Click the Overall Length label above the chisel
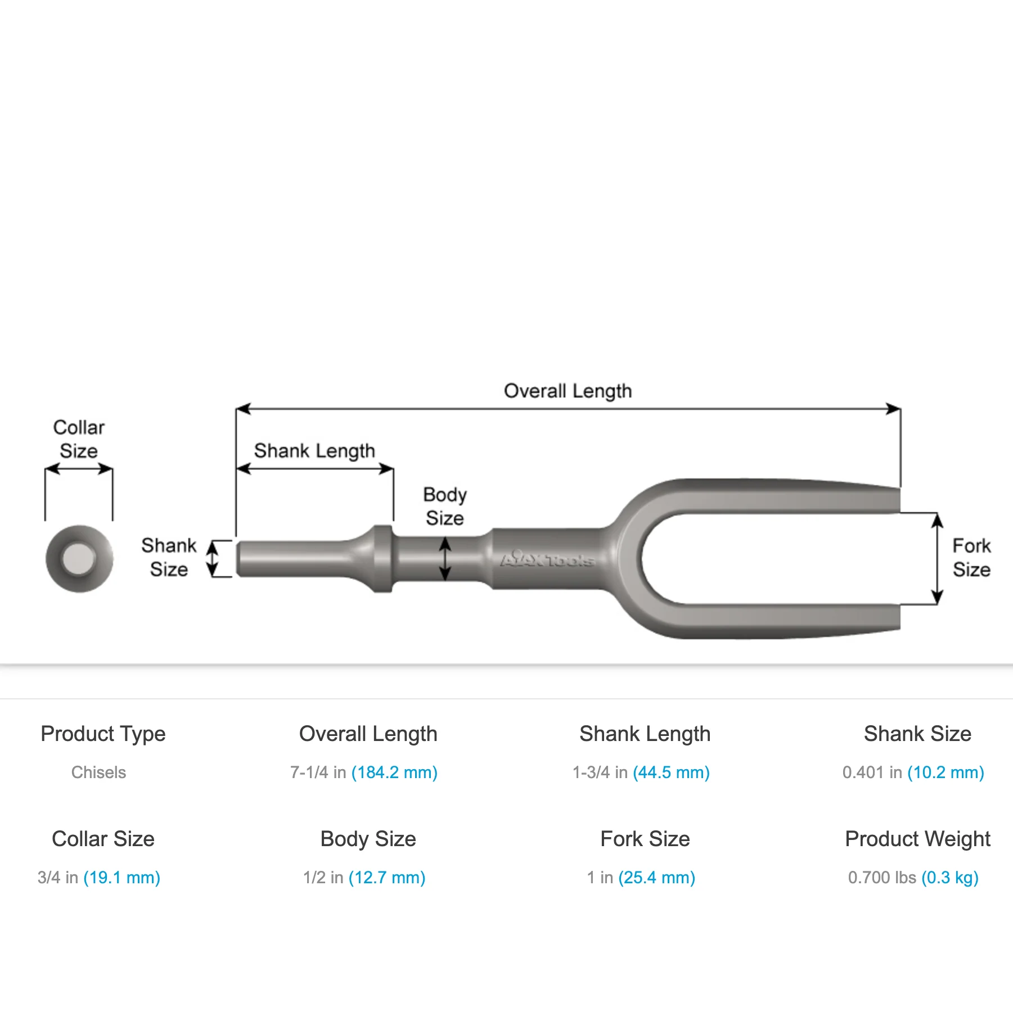(x=568, y=391)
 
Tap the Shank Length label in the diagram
(x=314, y=451)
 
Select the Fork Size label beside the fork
(x=971, y=557)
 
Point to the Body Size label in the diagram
(x=445, y=506)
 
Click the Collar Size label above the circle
(x=79, y=439)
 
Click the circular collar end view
(x=79, y=558)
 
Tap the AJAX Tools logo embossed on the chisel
(x=547, y=559)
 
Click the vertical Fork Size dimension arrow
(x=937, y=559)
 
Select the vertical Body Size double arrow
(x=445, y=558)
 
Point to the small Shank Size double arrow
(x=213, y=559)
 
